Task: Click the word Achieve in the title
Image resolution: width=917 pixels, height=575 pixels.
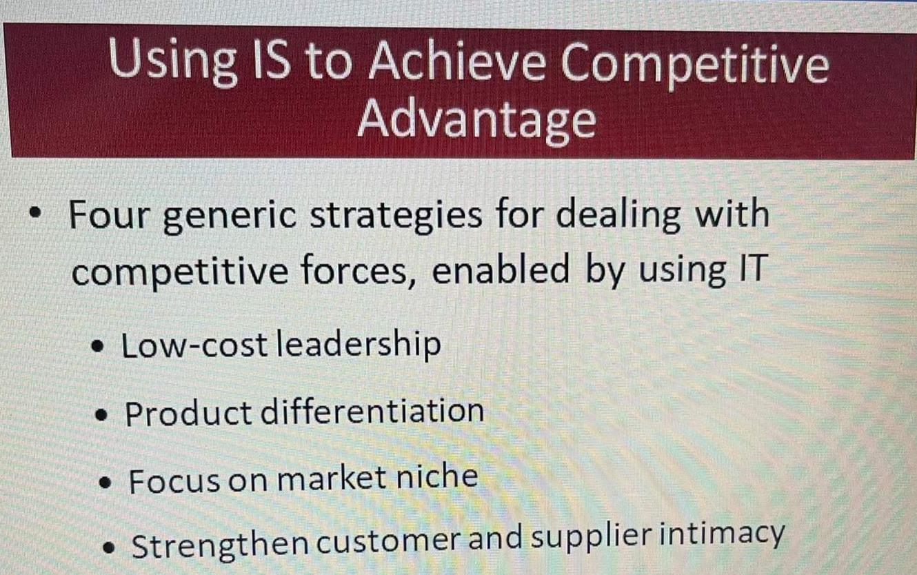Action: pyautogui.click(x=457, y=61)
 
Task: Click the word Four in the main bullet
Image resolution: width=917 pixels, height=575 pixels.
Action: pyautogui.click(x=108, y=215)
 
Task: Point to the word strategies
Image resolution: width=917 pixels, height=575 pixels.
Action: pyautogui.click(x=396, y=216)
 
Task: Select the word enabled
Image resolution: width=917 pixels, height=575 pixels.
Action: pyautogui.click(x=501, y=268)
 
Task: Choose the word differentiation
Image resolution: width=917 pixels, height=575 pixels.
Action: pyautogui.click(x=372, y=412)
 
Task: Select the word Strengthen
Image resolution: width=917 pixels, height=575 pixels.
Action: pyautogui.click(x=220, y=545)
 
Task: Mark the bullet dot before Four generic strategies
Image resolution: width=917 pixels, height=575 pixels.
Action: pyautogui.click(x=36, y=212)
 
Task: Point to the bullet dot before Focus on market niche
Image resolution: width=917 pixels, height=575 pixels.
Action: pyautogui.click(x=105, y=483)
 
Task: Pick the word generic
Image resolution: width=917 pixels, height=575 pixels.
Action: pyautogui.click(x=229, y=217)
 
